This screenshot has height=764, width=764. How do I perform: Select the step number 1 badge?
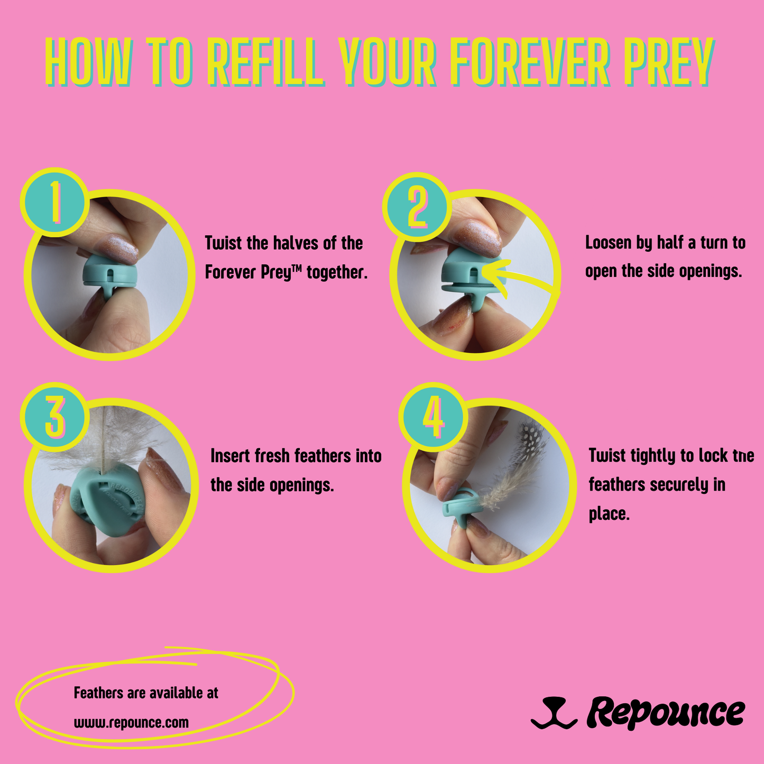click(54, 202)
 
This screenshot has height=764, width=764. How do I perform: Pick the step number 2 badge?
click(417, 207)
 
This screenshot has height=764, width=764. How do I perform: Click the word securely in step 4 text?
click(679, 485)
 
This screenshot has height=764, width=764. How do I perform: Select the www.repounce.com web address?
click(131, 722)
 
